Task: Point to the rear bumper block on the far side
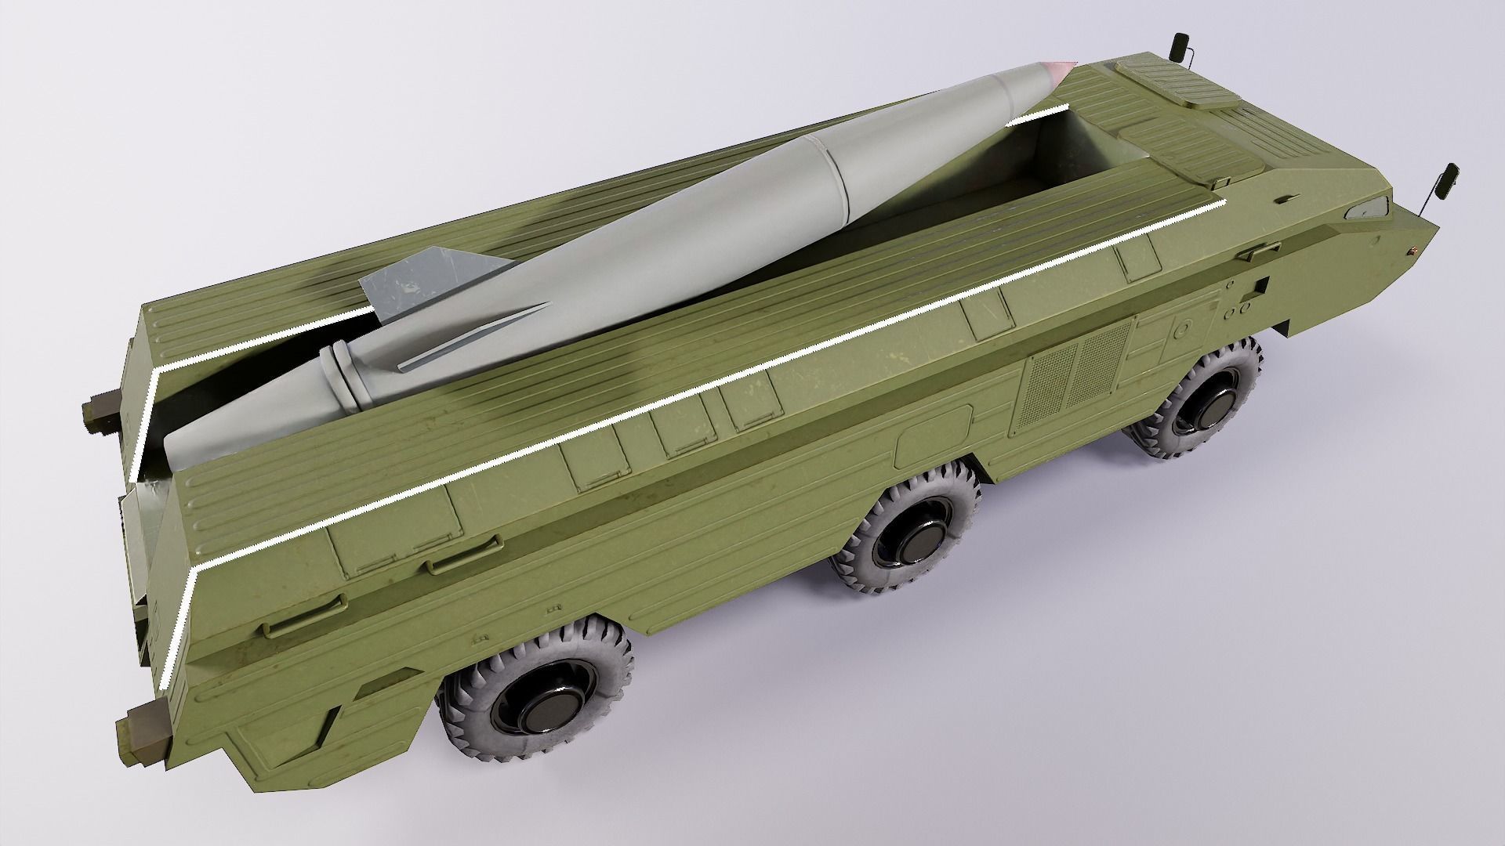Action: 100,410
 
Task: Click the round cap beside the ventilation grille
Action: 1184,330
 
